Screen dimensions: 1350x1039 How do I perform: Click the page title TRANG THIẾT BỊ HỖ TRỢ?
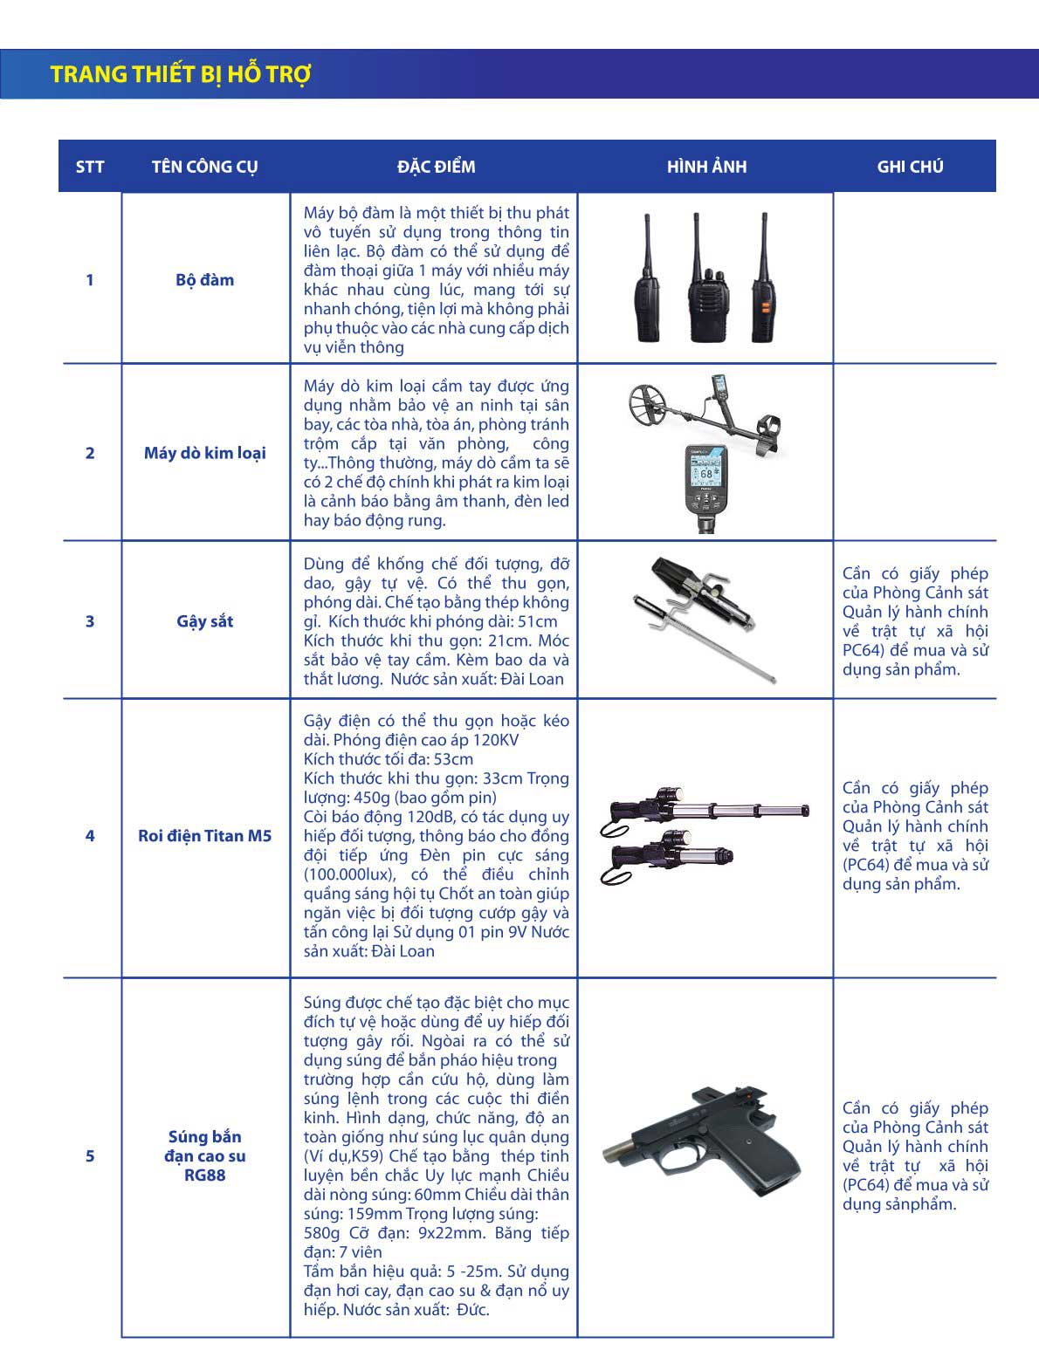point(181,74)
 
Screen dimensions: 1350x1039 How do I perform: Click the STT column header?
point(90,167)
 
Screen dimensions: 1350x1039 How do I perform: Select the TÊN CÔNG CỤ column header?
point(204,167)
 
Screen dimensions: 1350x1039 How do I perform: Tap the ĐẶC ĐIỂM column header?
point(436,167)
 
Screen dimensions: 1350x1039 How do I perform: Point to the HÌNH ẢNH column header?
point(706,167)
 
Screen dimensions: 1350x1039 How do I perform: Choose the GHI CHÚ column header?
point(910,167)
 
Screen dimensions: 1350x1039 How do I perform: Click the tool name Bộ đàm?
point(204,280)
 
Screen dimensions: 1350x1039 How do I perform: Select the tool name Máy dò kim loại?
point(204,453)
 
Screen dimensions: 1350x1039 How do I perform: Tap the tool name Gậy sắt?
point(204,621)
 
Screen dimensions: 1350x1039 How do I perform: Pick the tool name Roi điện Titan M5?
point(204,836)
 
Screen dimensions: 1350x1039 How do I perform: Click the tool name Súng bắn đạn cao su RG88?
point(204,1156)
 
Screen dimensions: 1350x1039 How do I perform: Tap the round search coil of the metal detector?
point(655,403)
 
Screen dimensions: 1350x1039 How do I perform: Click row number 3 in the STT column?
point(90,621)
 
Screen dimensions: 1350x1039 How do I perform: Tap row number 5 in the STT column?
point(90,1156)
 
